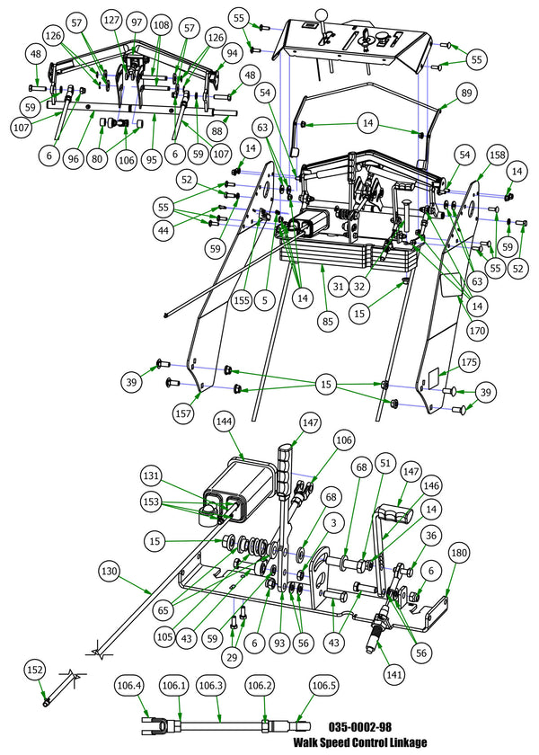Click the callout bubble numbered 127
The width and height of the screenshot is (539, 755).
[x=112, y=21]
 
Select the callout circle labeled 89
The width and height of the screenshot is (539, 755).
[x=465, y=93]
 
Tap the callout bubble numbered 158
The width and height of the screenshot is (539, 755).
[x=497, y=155]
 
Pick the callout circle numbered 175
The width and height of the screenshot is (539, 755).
[x=469, y=362]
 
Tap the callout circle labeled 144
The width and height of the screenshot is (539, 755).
[x=224, y=421]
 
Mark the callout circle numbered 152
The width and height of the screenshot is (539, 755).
[x=35, y=671]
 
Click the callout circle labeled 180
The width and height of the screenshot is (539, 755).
[x=458, y=552]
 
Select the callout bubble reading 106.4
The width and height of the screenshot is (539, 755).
[x=129, y=685]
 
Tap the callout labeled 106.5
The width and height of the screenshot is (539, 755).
[x=325, y=685]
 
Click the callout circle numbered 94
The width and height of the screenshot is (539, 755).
[x=232, y=53]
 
